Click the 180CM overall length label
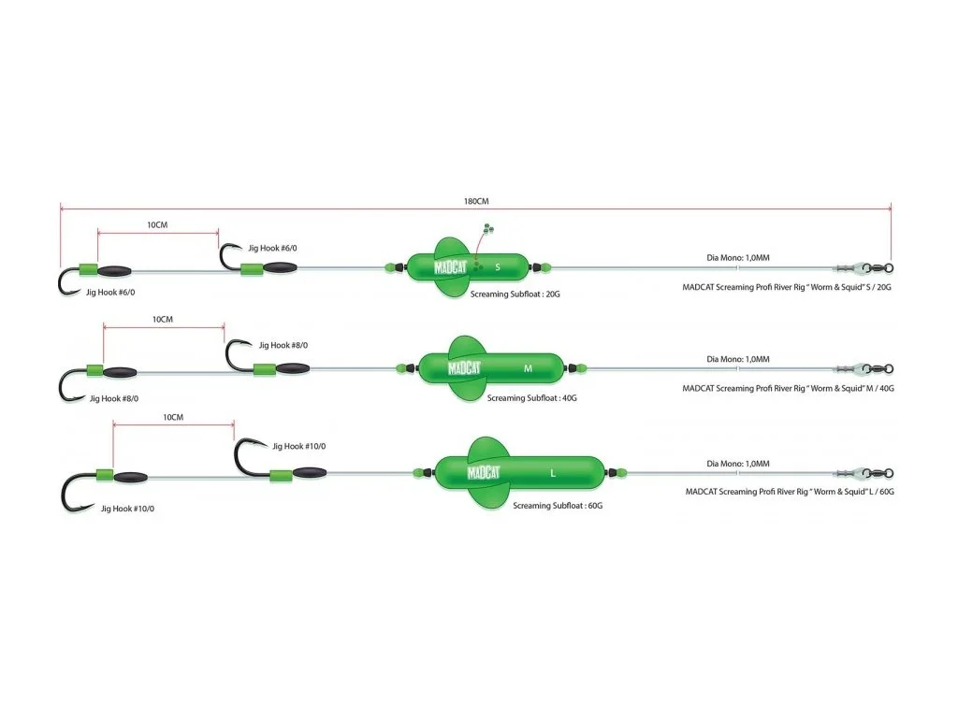point(476,201)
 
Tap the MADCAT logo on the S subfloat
point(450,266)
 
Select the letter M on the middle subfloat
point(528,368)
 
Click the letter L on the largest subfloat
point(553,473)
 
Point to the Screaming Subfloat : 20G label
point(515,294)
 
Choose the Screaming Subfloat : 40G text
point(531,398)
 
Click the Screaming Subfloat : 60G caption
point(558,506)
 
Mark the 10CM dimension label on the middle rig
point(163,320)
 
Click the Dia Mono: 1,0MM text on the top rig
point(738,258)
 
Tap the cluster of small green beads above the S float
point(488,230)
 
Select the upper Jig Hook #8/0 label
point(283,345)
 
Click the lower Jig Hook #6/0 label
point(110,293)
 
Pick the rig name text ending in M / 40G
point(788,388)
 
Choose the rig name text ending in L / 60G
point(790,492)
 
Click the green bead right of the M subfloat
point(581,368)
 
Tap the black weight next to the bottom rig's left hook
point(130,477)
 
